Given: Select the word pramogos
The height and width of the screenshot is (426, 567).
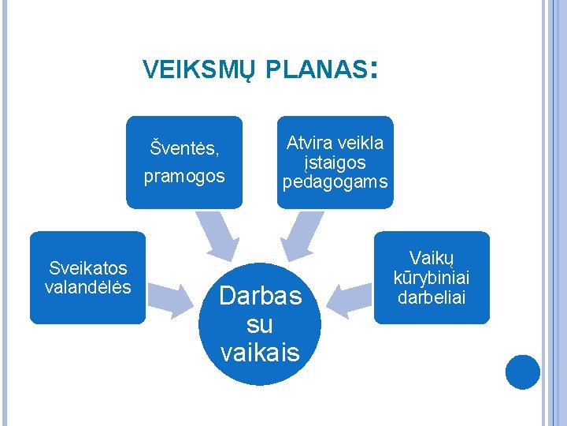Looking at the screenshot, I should pos(183,176).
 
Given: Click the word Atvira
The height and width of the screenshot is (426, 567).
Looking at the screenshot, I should pos(310,143).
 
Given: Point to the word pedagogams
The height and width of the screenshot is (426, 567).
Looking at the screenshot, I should pos(335,182).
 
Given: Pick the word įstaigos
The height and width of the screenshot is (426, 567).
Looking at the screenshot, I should pos(335,163).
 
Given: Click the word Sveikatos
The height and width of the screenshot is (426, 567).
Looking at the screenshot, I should pos(87,269).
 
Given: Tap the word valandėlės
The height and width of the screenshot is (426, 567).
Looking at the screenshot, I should pos(87,287).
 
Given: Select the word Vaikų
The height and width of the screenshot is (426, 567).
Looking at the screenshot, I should pos(432,258).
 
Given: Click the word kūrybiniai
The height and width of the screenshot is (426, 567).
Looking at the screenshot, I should pos(432,278).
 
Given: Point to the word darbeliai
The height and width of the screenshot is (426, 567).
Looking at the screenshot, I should pos(432,297).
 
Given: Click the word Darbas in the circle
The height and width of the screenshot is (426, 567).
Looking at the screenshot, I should pos(261,296).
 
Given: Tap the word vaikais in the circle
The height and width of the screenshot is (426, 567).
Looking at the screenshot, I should pos(261,351).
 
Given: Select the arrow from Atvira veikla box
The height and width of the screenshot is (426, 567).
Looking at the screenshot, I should pos(300,237).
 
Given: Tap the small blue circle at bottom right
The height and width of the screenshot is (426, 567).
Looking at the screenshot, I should pos(523,372).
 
